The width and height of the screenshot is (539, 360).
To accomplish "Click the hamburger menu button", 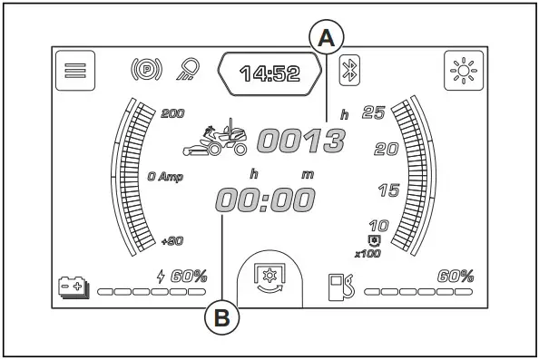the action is [75, 71].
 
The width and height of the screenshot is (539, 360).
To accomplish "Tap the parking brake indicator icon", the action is [146, 70].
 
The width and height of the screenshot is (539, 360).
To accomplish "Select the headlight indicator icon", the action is [188, 69].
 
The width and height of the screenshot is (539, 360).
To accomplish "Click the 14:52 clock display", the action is [269, 73].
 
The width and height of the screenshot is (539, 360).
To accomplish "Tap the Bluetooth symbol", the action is [349, 70].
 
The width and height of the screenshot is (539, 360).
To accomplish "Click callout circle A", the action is [327, 37].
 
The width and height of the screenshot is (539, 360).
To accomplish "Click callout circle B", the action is [222, 317].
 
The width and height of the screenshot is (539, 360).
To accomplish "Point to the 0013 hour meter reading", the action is [301, 141].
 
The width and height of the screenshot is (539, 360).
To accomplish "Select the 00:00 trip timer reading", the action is [265, 199].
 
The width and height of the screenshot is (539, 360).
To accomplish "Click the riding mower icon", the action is [215, 138].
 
